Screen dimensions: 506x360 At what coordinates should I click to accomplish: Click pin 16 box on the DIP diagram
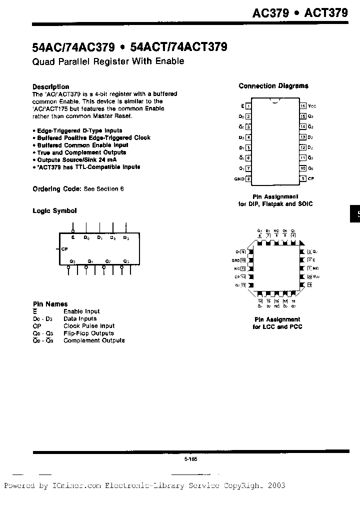(x=303, y=105)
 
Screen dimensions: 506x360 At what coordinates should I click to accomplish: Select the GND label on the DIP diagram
(x=239, y=179)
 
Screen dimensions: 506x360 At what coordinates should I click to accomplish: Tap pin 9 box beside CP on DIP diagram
(x=303, y=178)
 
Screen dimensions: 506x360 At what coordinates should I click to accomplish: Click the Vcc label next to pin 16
(x=312, y=106)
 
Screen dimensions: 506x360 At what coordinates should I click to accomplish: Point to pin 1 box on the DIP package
(x=248, y=105)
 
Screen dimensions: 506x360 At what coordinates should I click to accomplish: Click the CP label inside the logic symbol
(x=64, y=248)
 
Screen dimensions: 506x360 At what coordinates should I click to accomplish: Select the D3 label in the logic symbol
(x=126, y=237)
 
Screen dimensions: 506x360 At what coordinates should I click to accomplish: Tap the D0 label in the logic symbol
(x=86, y=237)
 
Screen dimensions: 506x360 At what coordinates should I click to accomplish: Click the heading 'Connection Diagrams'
(x=273, y=86)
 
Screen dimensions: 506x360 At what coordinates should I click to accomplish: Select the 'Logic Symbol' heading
(x=54, y=211)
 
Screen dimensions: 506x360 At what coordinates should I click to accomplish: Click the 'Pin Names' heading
(x=50, y=304)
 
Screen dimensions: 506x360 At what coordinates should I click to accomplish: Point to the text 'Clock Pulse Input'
(x=89, y=325)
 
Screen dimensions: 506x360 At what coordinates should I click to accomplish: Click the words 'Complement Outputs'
(x=94, y=340)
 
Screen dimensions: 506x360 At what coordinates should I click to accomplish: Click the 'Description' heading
(x=50, y=86)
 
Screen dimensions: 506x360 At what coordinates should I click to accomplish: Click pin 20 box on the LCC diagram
(x=309, y=276)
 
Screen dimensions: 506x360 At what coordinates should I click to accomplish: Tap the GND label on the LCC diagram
(x=235, y=260)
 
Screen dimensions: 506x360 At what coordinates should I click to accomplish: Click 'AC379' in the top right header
(x=270, y=13)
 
